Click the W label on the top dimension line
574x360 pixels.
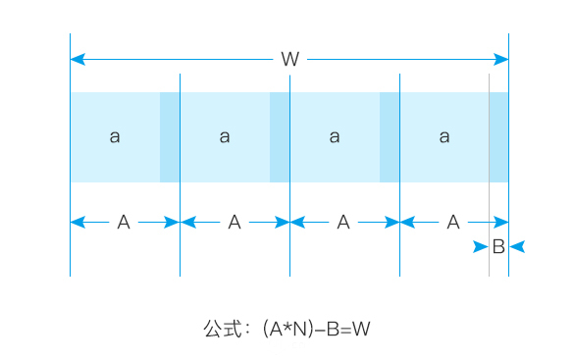tap(290, 59)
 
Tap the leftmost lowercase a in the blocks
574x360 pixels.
tap(115, 136)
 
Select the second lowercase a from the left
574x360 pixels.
tap(225, 136)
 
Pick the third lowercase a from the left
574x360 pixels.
tap(335, 136)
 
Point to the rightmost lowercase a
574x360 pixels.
tap(444, 136)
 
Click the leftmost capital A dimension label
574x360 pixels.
tap(124, 222)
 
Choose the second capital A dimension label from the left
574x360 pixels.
tap(235, 222)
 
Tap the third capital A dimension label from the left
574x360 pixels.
tap(343, 222)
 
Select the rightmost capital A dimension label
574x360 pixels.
tap(453, 222)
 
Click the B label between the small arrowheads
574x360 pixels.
tap(498, 246)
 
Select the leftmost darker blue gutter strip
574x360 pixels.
tap(170, 137)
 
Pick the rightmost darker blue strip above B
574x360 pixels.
tap(499, 137)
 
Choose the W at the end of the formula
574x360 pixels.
tap(361, 329)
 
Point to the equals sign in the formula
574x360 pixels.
tap(345, 330)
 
